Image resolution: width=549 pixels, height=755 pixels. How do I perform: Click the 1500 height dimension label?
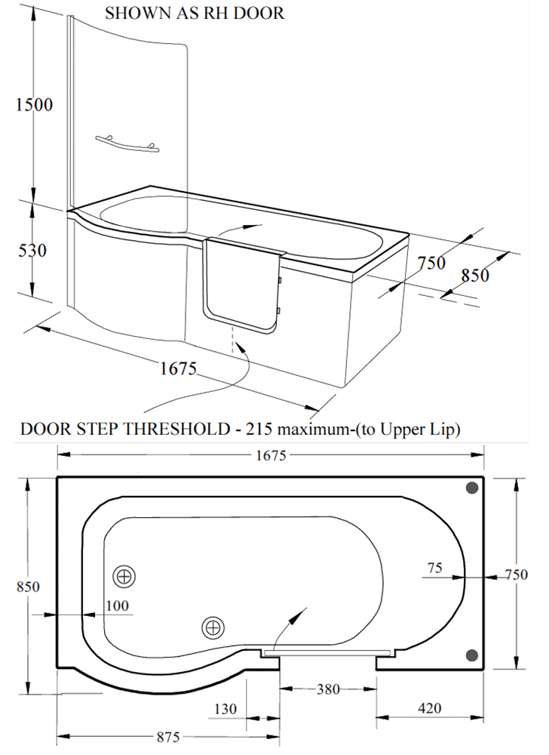pos(34,104)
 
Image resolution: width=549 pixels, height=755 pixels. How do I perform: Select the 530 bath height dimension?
pos(32,251)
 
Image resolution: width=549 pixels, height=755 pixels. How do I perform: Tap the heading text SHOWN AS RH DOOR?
pos(195,13)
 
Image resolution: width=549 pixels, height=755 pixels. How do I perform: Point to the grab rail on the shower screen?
pos(127,143)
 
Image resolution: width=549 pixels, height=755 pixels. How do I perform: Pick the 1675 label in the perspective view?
pos(179,368)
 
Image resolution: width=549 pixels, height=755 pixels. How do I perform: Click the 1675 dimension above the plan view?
pos(271,455)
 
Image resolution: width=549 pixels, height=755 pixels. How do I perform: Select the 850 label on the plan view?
pos(28,587)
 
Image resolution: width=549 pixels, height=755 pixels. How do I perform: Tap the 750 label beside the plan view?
pos(517,574)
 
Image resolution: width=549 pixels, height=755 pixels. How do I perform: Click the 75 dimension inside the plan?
pos(434,569)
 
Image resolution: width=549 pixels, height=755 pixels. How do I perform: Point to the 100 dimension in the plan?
pos(118,606)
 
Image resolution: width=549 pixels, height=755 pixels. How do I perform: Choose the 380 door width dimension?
pos(328,689)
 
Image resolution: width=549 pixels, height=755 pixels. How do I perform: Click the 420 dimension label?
pos(429,708)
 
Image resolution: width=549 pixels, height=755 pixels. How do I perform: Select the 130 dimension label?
pos(225,709)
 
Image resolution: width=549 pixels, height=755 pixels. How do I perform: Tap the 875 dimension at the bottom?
pos(168,737)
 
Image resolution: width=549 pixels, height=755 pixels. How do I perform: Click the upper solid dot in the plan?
pos(472,488)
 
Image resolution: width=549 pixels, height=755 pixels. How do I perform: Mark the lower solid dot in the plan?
pos(472,655)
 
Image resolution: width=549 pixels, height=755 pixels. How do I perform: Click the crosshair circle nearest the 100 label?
pos(124,576)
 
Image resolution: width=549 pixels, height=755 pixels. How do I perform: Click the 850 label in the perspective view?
pos(475,276)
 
